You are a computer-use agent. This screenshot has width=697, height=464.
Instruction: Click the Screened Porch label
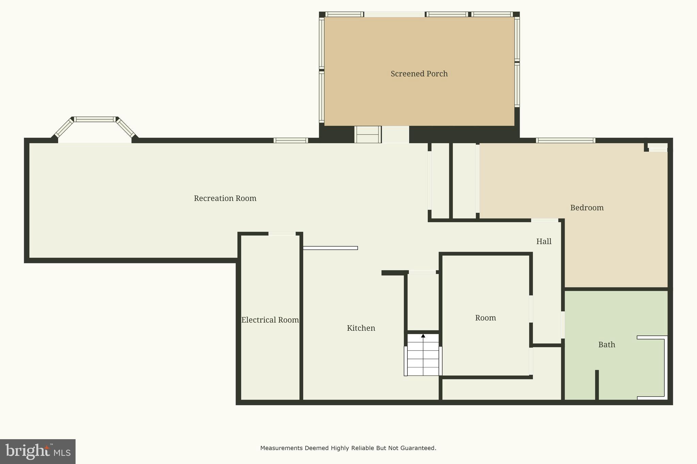(419, 74)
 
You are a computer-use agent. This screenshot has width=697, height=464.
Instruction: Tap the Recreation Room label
(225, 198)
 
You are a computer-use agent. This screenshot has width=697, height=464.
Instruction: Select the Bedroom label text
(587, 208)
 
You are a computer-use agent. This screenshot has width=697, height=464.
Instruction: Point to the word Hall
(544, 241)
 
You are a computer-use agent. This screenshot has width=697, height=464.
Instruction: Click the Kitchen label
(361, 328)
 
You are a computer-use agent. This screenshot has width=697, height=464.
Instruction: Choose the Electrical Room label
(270, 320)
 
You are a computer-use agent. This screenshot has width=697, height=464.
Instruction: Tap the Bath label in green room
(606, 345)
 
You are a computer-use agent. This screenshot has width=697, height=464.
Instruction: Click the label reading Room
(485, 318)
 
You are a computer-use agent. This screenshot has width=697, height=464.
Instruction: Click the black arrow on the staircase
(423, 336)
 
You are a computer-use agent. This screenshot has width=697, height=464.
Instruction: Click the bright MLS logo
(38, 451)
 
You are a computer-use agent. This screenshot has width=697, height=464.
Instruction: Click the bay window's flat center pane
(95, 119)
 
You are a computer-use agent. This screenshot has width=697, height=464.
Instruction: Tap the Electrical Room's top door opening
(282, 234)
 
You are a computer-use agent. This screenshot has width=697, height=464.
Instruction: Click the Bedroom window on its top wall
(565, 140)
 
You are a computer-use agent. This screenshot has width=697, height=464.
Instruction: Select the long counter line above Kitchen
(330, 248)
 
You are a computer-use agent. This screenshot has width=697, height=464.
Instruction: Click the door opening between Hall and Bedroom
(545, 220)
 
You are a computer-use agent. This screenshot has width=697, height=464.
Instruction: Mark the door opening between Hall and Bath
(563, 325)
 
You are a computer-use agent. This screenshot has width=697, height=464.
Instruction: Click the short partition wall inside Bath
(597, 385)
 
